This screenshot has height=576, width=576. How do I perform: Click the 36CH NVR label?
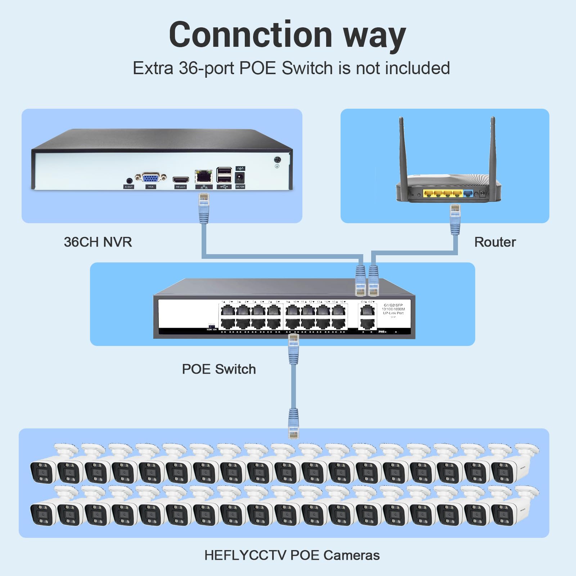[98, 242]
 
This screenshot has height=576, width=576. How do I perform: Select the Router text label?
[495, 242]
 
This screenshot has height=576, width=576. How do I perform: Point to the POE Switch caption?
[219, 369]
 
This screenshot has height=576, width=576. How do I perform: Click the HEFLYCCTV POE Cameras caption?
[292, 555]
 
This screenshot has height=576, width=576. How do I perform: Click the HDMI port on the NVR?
[181, 180]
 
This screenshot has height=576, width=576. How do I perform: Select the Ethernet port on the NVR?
[203, 176]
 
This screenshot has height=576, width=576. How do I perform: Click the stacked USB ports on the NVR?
[224, 175]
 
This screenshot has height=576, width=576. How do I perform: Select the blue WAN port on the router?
[468, 193]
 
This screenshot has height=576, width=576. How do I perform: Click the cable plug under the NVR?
[204, 207]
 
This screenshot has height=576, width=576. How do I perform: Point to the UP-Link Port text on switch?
[393, 313]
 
